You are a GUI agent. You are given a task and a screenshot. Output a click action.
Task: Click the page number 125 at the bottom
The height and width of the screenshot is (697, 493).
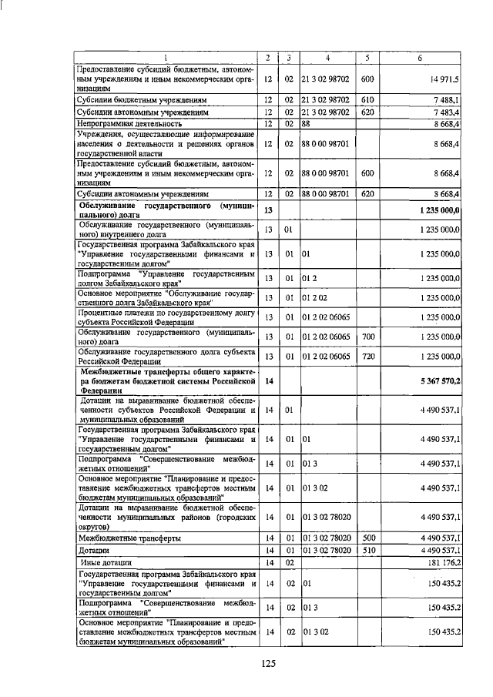267,664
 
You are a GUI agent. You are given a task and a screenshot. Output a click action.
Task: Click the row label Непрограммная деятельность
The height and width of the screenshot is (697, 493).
128,123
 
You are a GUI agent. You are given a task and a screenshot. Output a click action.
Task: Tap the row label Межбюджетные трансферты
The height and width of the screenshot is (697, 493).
129,538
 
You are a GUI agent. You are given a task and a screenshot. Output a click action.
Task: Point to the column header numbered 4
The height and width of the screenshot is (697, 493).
327,59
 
